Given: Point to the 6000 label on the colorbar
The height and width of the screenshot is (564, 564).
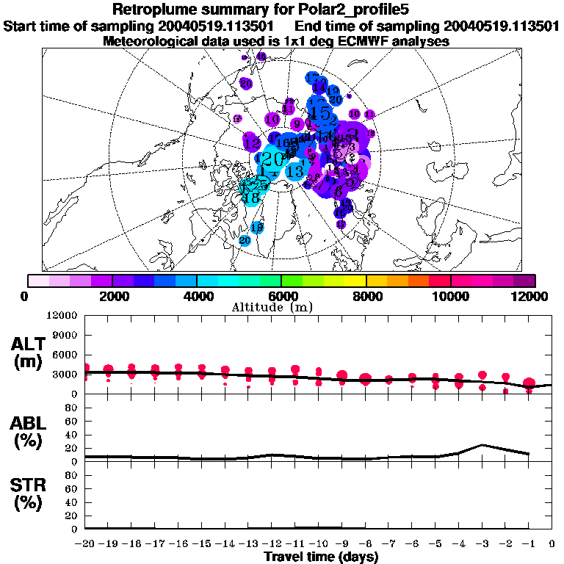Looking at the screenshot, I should (x=281, y=295).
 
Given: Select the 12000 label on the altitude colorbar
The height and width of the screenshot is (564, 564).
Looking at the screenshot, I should (x=531, y=295).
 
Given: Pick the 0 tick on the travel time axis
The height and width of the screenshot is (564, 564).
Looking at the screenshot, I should (x=552, y=543).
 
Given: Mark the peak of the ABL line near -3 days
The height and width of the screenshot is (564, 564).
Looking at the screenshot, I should (x=482, y=444).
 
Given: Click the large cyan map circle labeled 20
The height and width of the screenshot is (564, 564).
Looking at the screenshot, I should (x=272, y=159).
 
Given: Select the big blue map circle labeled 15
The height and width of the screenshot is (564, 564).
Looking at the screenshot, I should (x=321, y=113).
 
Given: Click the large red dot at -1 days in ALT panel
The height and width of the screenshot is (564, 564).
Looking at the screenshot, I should (x=529, y=383).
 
